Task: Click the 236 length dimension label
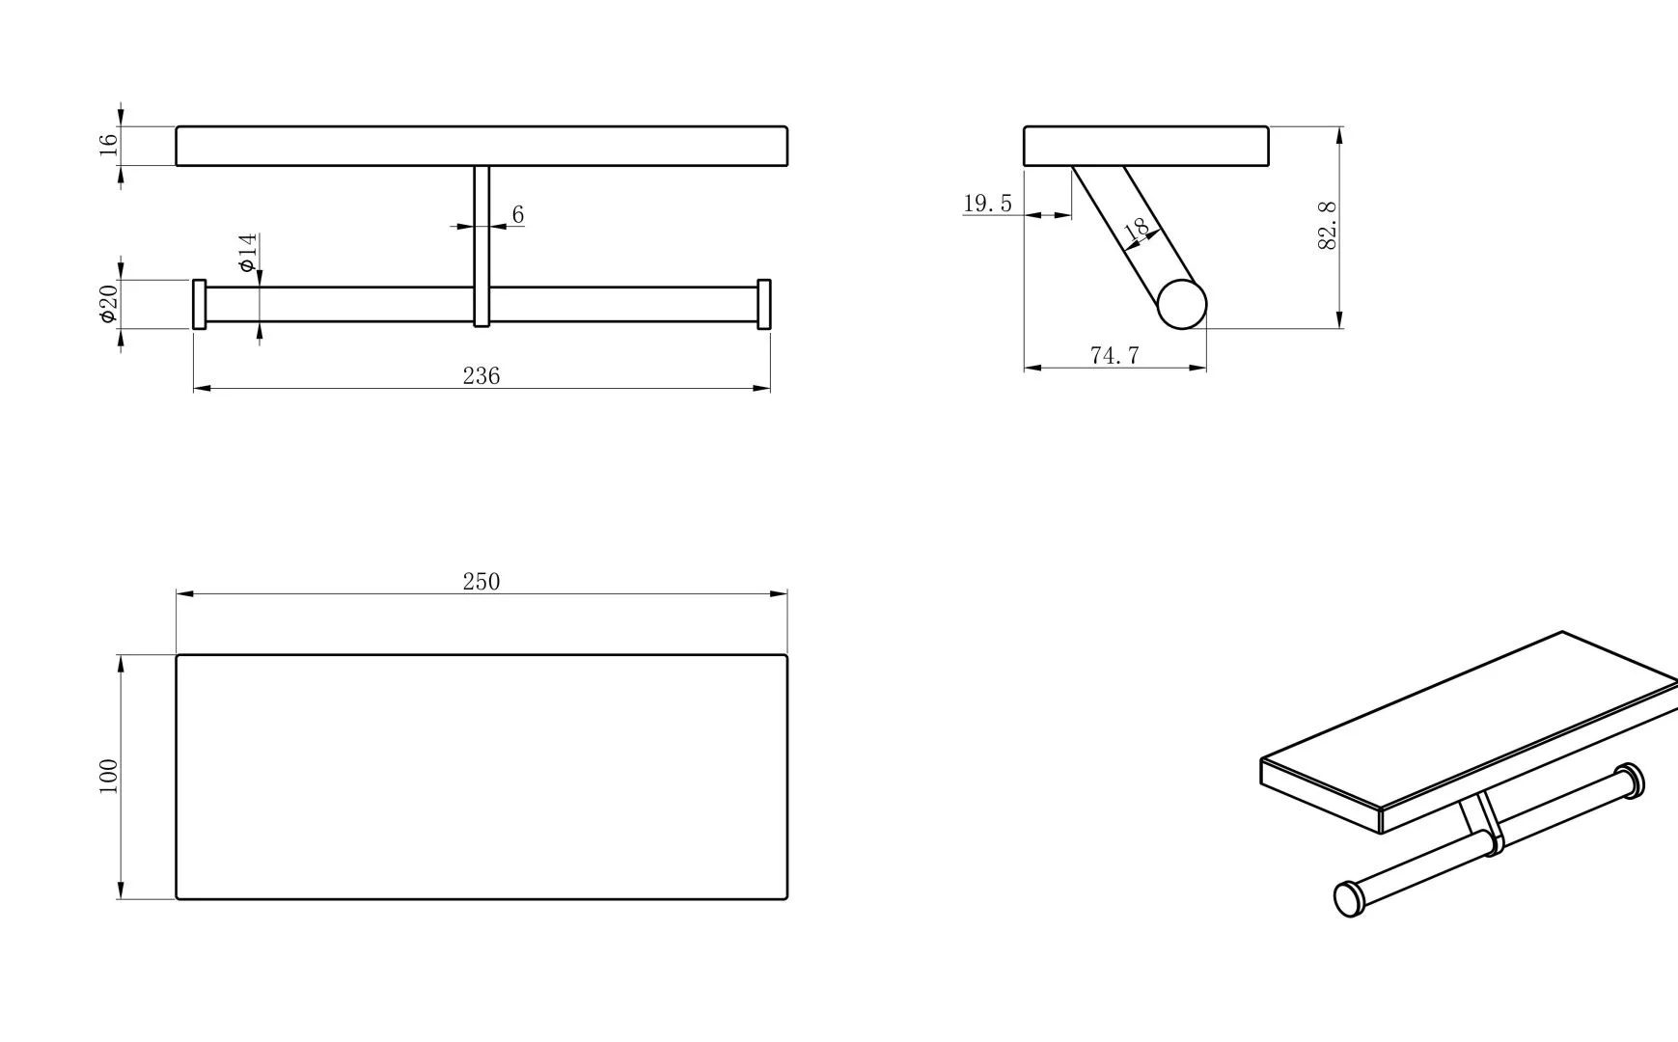tap(481, 376)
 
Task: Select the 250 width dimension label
tap(481, 582)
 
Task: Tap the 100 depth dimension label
tap(108, 777)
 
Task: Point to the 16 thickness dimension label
tap(108, 145)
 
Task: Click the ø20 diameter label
tap(108, 303)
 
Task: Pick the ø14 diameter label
tap(248, 253)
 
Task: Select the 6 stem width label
tap(518, 214)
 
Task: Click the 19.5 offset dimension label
tap(988, 204)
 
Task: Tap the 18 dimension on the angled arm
tap(1138, 230)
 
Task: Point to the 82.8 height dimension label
tap(1328, 227)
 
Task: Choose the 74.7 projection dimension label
tap(1114, 355)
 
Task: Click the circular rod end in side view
tap(1182, 304)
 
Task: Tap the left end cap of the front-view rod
tap(199, 304)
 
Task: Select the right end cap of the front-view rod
tap(764, 304)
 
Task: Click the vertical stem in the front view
tap(481, 246)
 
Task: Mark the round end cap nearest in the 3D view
tap(1349, 899)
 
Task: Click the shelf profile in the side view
tap(1146, 146)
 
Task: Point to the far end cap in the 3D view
tap(1631, 781)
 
